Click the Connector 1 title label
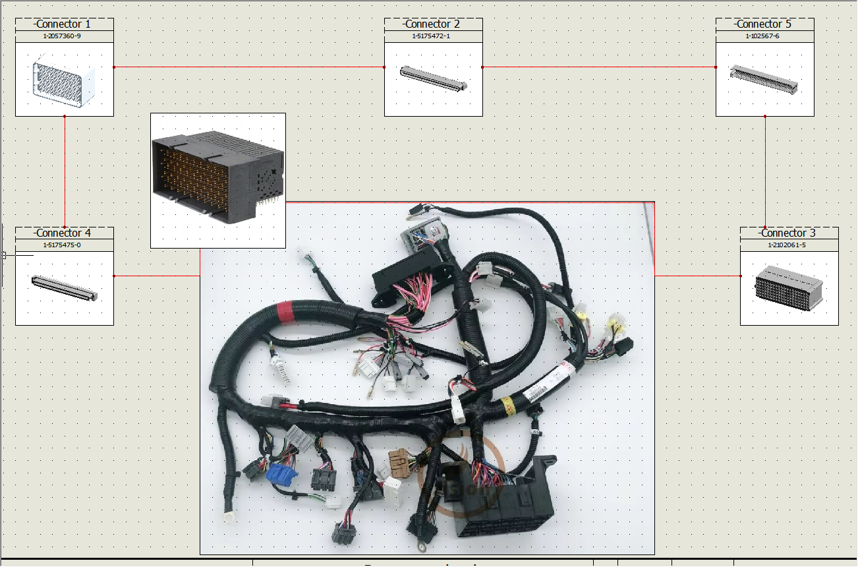pos(64,24)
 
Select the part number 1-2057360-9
pos(64,36)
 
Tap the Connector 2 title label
pos(433,24)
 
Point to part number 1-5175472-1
pos(433,36)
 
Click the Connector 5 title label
pos(764,24)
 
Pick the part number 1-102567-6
pos(764,36)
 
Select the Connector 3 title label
pos(788,233)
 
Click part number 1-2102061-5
pos(788,245)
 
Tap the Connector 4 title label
pos(64,233)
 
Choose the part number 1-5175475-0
pos(64,245)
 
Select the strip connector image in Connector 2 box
pos(434,78)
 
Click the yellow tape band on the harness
pos(508,403)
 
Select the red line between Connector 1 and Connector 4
pos(65,171)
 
